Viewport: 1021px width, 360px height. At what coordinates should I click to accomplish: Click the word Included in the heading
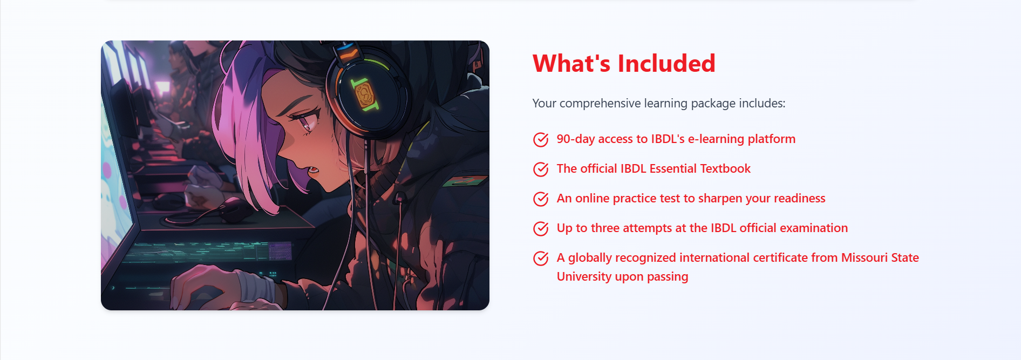coord(666,64)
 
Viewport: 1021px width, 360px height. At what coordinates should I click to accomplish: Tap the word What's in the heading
coord(571,64)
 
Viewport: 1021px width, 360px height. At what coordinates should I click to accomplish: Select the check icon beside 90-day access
coord(541,139)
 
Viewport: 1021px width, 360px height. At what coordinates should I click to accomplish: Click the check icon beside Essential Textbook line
coord(541,169)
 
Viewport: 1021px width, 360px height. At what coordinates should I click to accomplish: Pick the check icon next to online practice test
coord(541,199)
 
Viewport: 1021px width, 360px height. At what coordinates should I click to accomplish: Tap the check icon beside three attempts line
coord(541,228)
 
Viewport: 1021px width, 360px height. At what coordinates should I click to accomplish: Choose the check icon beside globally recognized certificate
coord(541,258)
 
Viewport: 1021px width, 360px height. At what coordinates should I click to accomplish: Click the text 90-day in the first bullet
coord(576,139)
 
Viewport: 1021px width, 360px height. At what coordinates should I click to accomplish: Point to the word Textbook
coord(725,168)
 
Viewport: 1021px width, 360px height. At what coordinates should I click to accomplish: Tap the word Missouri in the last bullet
coord(864,257)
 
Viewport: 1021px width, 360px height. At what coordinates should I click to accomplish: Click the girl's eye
coord(306,122)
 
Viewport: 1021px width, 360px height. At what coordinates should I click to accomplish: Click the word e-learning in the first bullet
coord(716,139)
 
